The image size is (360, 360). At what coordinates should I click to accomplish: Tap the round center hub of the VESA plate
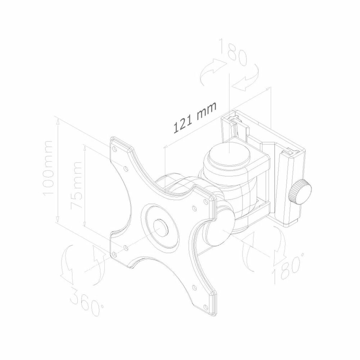coord(160,226)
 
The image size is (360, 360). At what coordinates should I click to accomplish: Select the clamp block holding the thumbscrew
coord(286,186)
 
